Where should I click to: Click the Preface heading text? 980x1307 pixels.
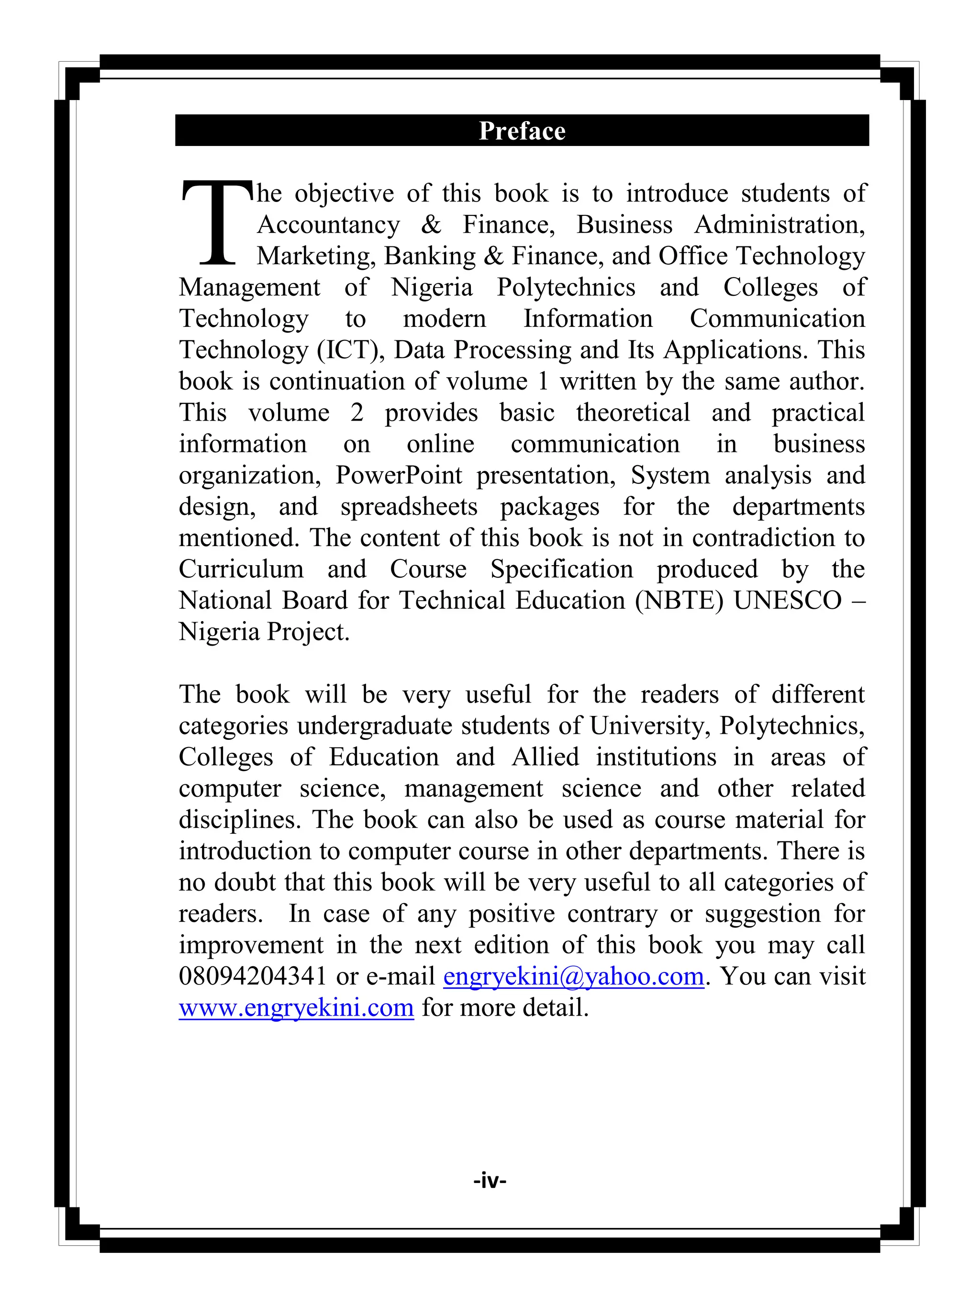point(522,131)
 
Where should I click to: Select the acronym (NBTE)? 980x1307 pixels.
point(679,600)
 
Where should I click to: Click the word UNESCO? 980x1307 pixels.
point(787,600)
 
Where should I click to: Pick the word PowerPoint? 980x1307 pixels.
point(399,475)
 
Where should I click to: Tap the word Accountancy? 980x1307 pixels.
point(328,224)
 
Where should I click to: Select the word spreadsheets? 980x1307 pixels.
point(408,506)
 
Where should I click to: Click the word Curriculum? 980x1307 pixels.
point(241,569)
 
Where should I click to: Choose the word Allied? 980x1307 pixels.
point(545,757)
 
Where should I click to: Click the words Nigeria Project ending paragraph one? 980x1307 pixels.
point(264,632)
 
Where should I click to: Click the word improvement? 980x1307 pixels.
point(251,945)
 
